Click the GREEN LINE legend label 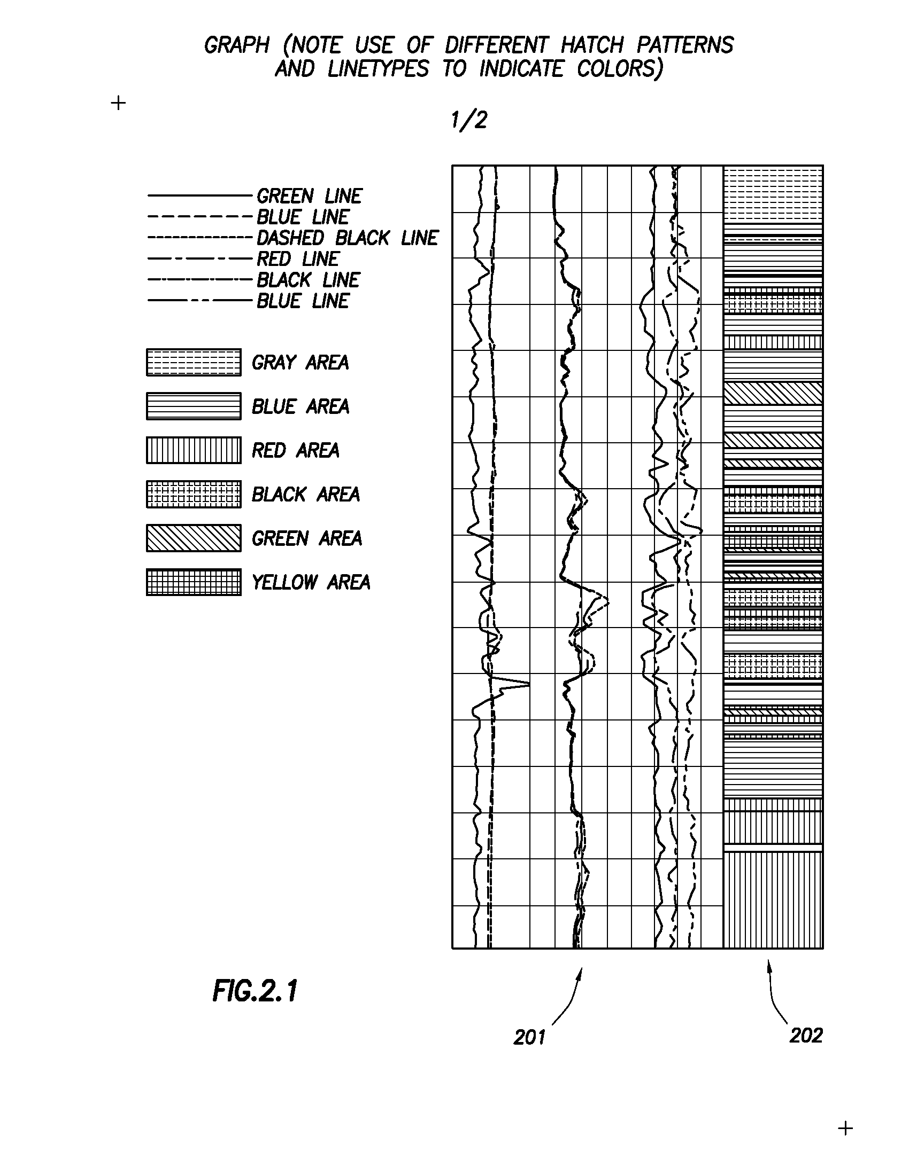pyautogui.click(x=309, y=196)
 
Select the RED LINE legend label pyautogui.click(x=297, y=259)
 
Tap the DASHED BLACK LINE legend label pyautogui.click(x=348, y=238)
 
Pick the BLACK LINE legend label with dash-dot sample pyautogui.click(x=308, y=280)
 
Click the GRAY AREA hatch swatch pyautogui.click(x=194, y=362)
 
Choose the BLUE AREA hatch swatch pyautogui.click(x=194, y=406)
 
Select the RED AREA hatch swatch pyautogui.click(x=194, y=450)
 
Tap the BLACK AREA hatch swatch pyautogui.click(x=194, y=495)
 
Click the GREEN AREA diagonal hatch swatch pyautogui.click(x=194, y=538)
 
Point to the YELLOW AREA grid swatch pyautogui.click(x=194, y=582)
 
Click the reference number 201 pyautogui.click(x=529, y=1037)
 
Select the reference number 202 pyautogui.click(x=806, y=1035)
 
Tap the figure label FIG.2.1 pyautogui.click(x=255, y=990)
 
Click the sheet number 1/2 pyautogui.click(x=469, y=120)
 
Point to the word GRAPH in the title pyautogui.click(x=236, y=45)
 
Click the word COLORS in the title pyautogui.click(x=619, y=69)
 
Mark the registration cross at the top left pyautogui.click(x=118, y=103)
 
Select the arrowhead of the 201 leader pyautogui.click(x=581, y=972)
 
